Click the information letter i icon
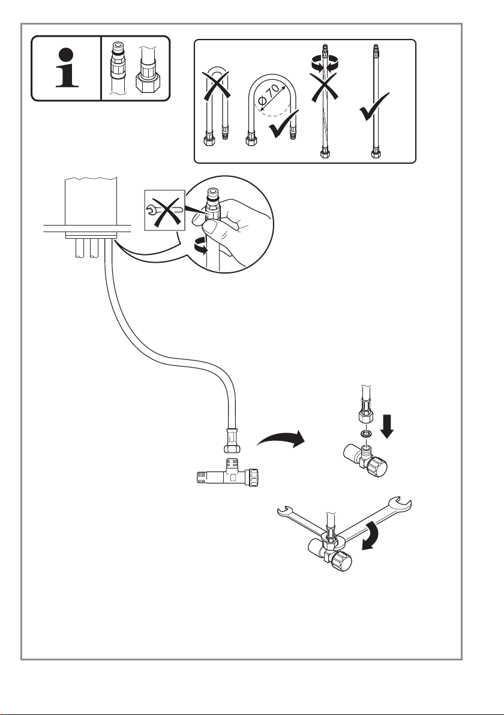(67, 68)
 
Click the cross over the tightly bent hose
(216, 85)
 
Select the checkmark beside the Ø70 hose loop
(284, 124)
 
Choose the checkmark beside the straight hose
(374, 107)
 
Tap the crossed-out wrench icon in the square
(164, 210)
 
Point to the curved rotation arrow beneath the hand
(200, 248)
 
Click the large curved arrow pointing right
(281, 439)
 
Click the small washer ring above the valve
(365, 433)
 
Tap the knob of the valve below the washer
(377, 467)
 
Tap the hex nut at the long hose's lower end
(232, 448)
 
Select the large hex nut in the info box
(148, 82)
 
